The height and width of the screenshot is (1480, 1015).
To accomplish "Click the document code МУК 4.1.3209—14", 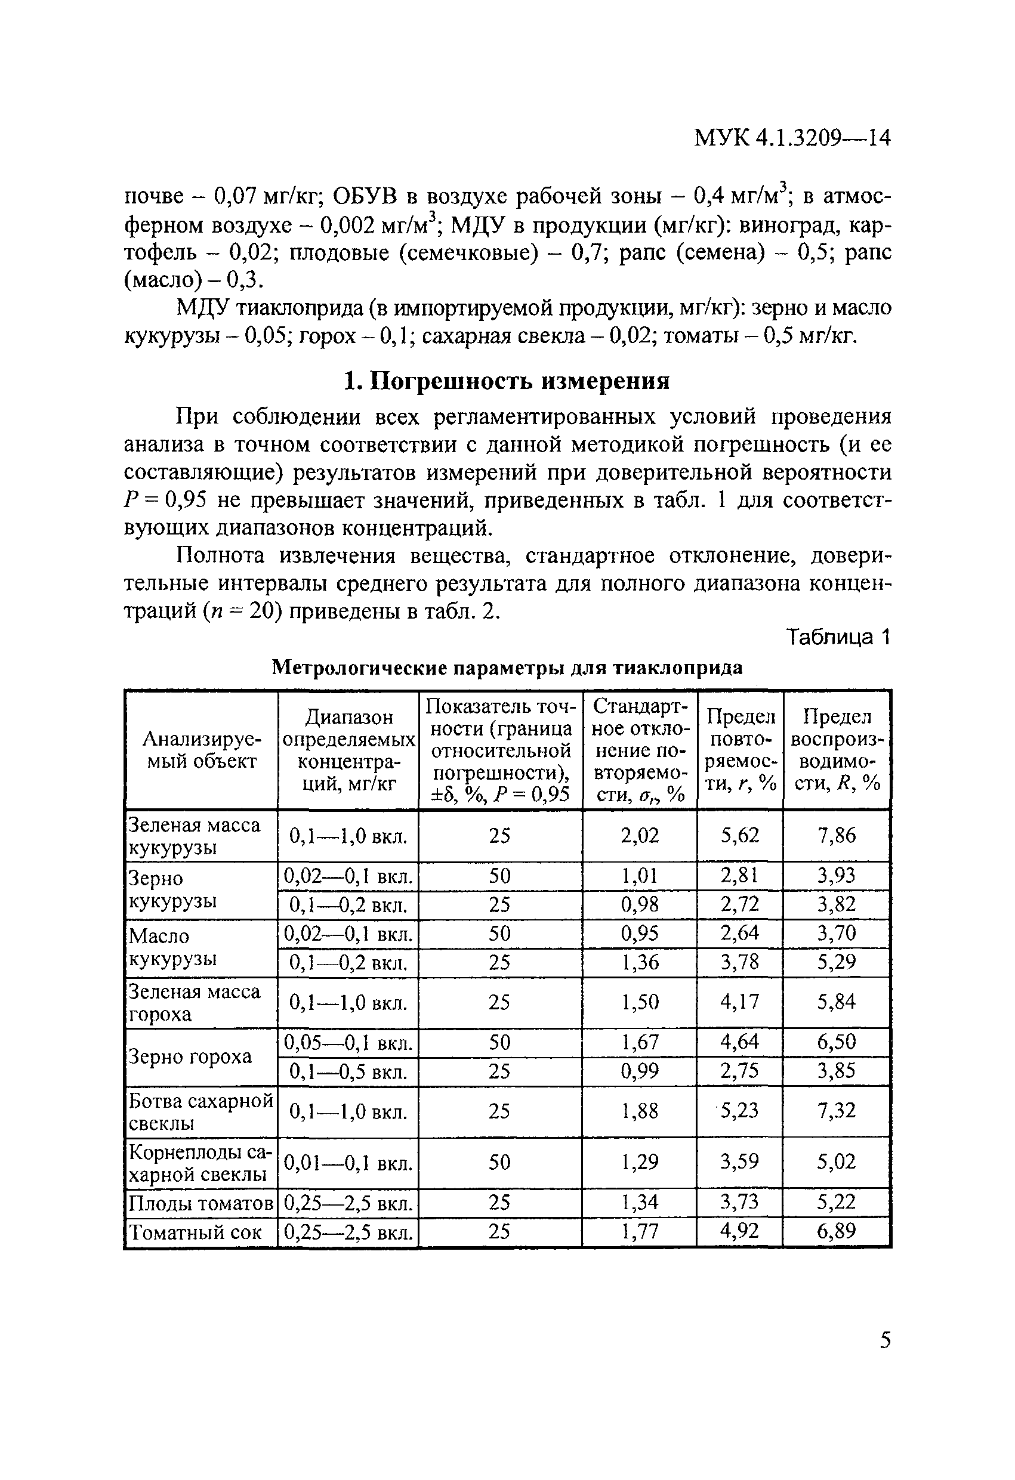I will click(x=791, y=138).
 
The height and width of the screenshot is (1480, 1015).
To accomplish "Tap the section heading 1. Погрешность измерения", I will click(x=507, y=381).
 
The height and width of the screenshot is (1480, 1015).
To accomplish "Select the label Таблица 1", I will click(x=837, y=637).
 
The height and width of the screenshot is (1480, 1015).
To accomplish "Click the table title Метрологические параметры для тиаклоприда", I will click(x=507, y=668).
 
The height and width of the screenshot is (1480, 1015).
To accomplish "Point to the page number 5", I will click(x=885, y=1340).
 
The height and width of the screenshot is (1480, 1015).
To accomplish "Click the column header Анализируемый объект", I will click(x=201, y=750).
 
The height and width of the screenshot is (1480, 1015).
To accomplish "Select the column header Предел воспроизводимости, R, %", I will click(x=836, y=750).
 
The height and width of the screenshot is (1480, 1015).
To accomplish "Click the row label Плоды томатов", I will click(x=200, y=1203).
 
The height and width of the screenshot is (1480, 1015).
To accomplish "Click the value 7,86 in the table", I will click(x=836, y=836).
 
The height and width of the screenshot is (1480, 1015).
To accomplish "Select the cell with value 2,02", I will click(x=639, y=836).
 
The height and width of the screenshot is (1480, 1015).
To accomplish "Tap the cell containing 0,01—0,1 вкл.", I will click(x=348, y=1164).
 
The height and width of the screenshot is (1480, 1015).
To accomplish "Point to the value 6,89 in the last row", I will click(x=836, y=1231).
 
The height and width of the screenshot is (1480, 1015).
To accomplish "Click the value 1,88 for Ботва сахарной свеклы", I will click(x=639, y=1111).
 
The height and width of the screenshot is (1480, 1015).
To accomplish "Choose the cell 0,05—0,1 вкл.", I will click(x=348, y=1043).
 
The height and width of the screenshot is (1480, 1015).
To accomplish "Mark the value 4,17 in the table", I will click(x=739, y=1002).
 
